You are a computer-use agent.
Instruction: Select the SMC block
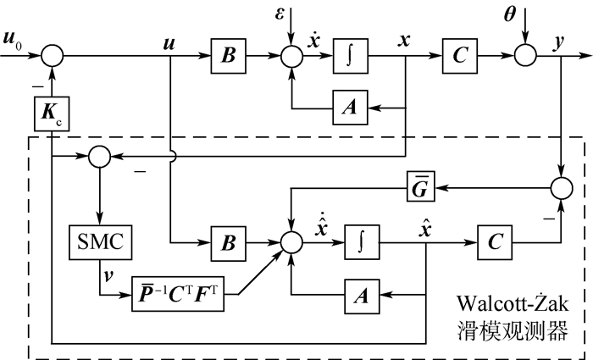pos(99,241)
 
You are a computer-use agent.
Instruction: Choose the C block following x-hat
pos(494,241)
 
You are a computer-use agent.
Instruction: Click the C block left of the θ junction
pos(458,57)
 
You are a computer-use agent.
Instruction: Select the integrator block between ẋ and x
pos(350,57)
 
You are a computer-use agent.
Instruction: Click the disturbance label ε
pos(291,13)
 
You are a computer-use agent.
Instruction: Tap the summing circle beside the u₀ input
pos(52,57)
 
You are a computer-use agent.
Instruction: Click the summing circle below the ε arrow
pos(292,57)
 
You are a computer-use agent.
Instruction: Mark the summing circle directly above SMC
pos(99,157)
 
